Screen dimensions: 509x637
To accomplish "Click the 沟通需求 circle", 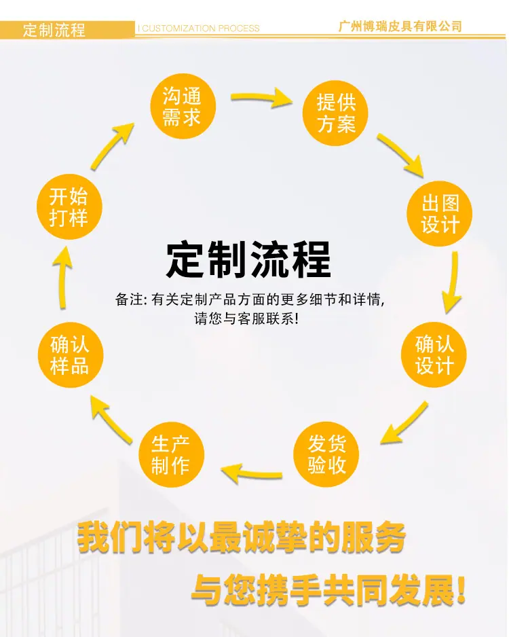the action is [x=183, y=106].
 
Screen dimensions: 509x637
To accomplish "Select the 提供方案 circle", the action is [x=335, y=113].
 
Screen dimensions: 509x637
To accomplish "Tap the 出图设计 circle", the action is [x=440, y=213].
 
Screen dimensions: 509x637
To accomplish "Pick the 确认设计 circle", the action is [x=434, y=354].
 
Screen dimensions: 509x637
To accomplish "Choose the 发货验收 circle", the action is [x=326, y=454].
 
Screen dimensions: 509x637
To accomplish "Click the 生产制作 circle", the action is [x=171, y=454].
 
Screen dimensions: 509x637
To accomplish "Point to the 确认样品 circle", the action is [x=71, y=354].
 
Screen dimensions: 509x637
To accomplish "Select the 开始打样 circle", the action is [x=69, y=206].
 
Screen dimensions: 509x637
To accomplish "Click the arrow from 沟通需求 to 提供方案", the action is [x=262, y=98].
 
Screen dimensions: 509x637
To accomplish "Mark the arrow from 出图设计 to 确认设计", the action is [x=453, y=283].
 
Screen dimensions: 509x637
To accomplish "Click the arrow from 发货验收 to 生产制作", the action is [x=252, y=474].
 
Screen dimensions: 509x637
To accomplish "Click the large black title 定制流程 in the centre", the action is [x=248, y=259].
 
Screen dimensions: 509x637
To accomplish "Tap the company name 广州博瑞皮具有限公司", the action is [x=400, y=26].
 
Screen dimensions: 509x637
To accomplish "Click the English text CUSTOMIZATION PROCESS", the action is [x=200, y=29].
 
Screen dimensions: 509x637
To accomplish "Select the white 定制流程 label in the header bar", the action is [x=54, y=30].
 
